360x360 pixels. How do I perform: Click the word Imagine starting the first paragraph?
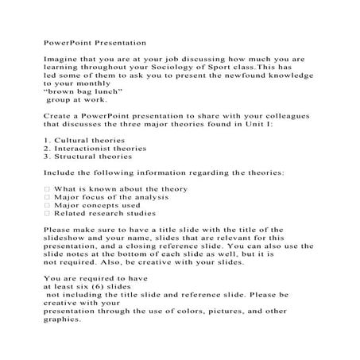58,58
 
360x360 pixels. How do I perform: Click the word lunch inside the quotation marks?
100,91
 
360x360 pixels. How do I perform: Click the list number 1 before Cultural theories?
45,140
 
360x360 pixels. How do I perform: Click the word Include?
57,172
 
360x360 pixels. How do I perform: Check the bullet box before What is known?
47,189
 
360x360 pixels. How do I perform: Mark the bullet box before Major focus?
47,197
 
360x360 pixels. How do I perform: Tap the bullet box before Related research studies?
47,213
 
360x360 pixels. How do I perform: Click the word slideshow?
66,238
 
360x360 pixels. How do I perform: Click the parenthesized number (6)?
102,286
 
